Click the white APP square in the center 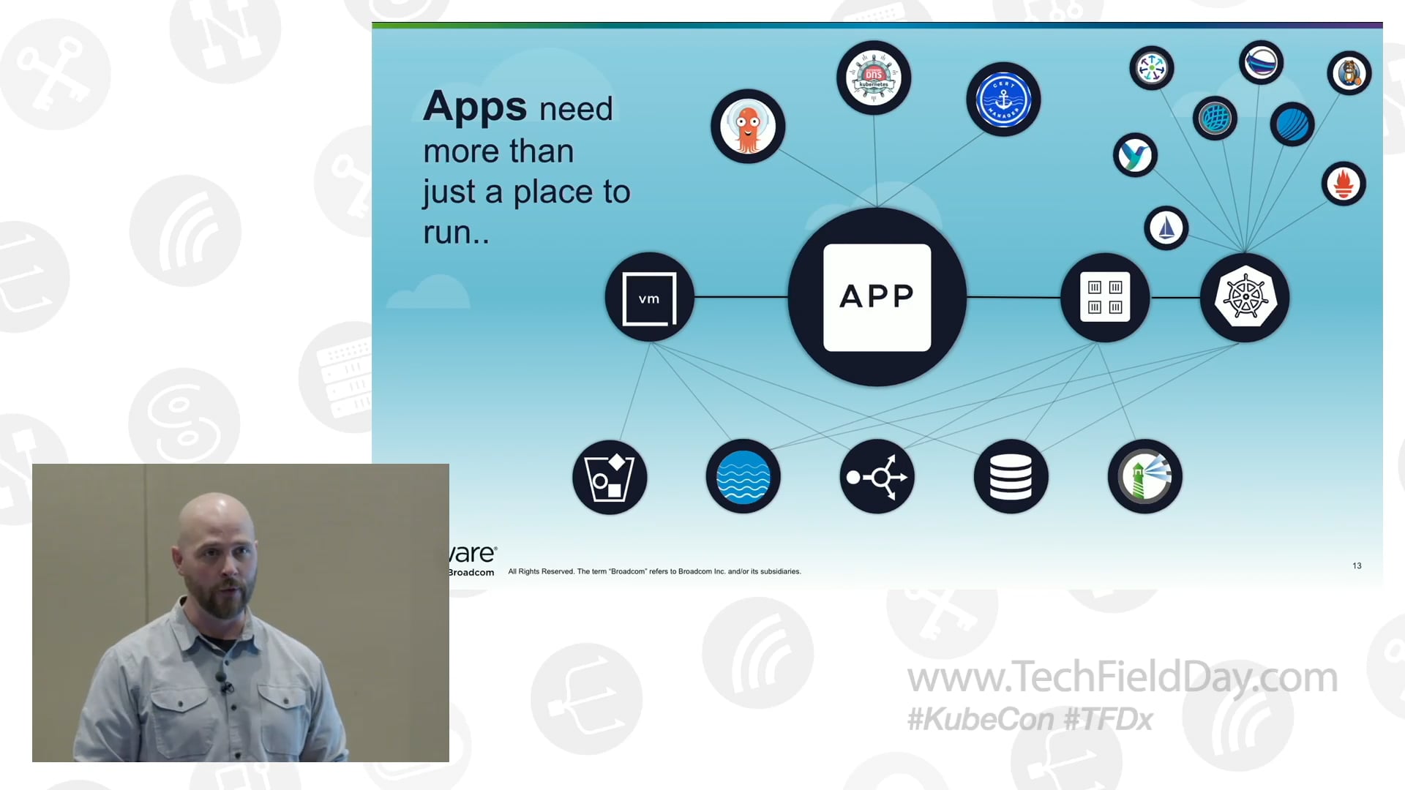pos(877,297)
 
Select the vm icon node pos(649,298)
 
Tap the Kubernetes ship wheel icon pos(1245,298)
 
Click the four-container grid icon pos(1105,298)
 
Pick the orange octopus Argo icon pos(747,127)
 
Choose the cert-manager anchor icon pos(1003,99)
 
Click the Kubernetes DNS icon pos(874,78)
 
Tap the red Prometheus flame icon pos(1344,184)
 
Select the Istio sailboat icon pos(1166,228)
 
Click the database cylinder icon pos(1011,477)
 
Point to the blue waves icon pos(743,477)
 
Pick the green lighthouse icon pos(1144,477)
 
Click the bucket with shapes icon pos(610,478)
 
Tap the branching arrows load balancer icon pos(877,477)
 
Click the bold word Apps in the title pos(475,107)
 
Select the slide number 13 pos(1357,566)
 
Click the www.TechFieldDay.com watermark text pos(1122,677)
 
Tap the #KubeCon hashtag pos(980,720)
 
